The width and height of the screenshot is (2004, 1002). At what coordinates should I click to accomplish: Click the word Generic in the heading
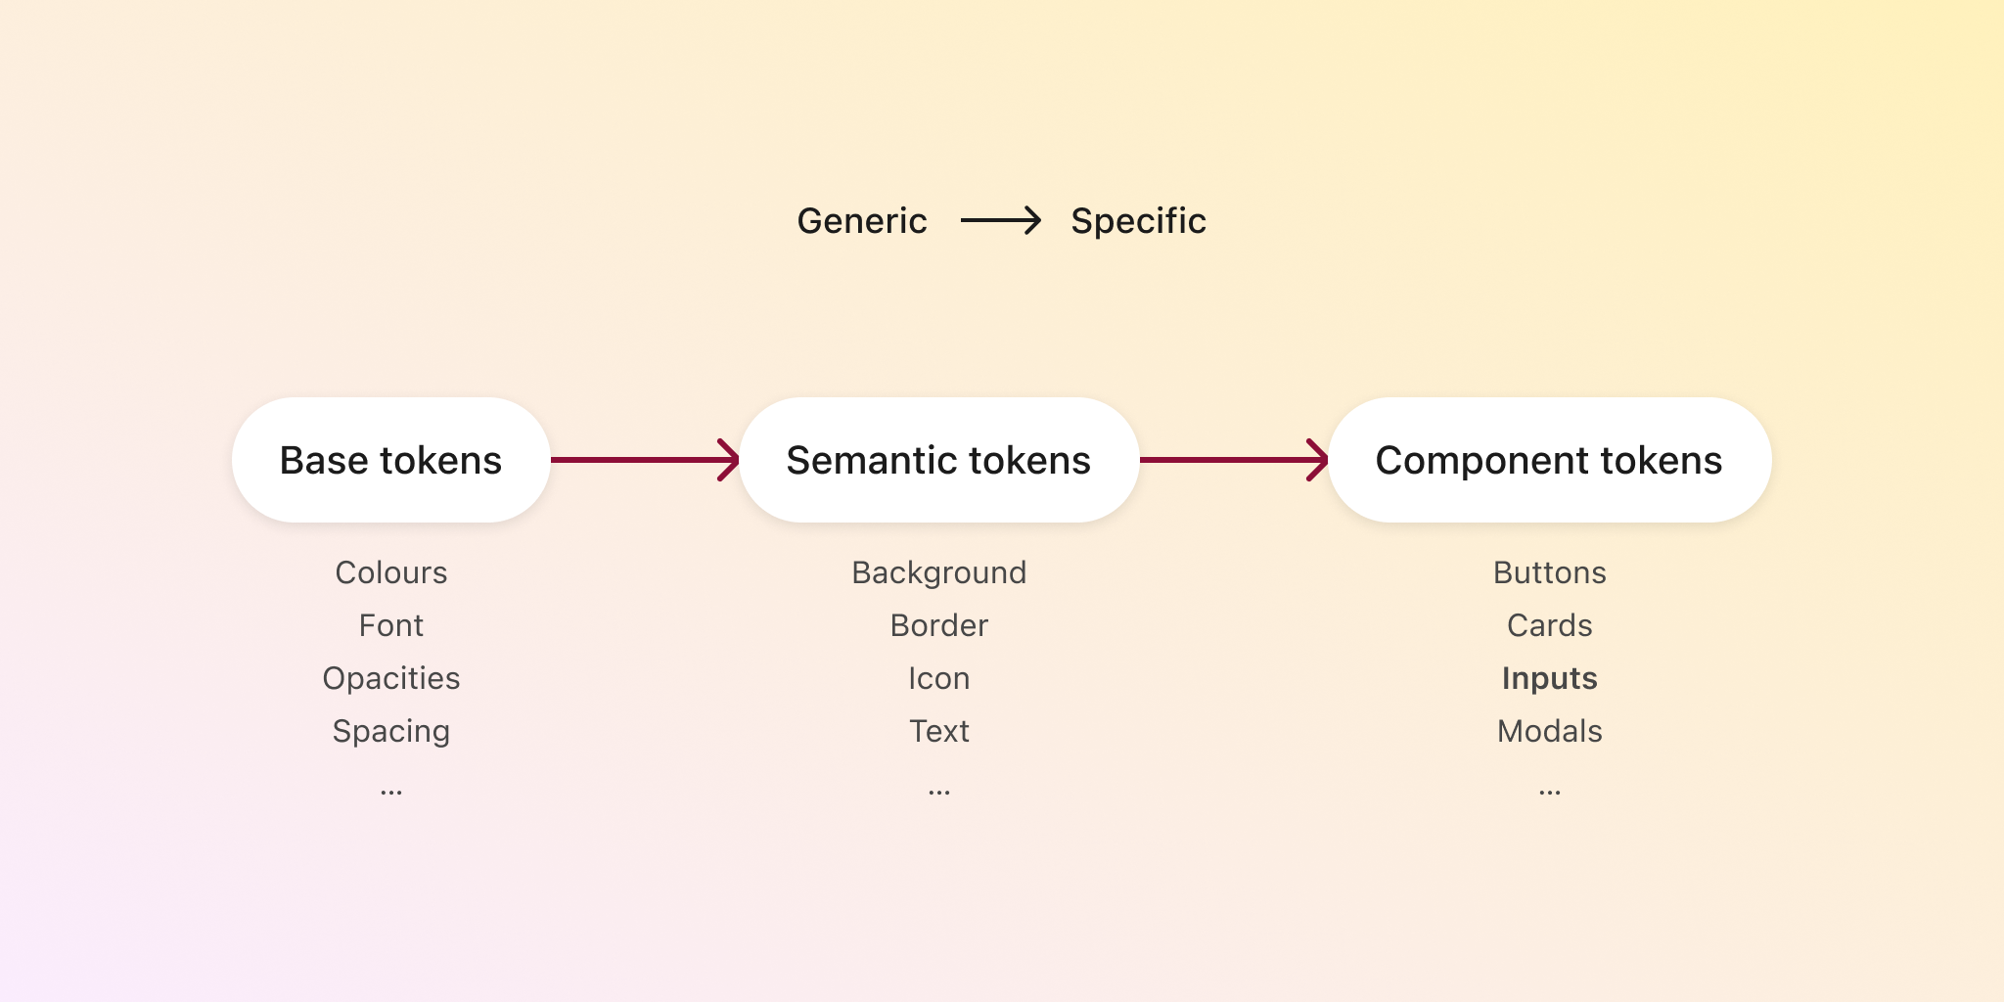pos(861,221)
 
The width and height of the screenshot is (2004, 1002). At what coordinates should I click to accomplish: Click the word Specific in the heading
pos(1138,221)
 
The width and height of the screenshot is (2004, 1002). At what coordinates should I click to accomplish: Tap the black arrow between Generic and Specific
pos(1000,221)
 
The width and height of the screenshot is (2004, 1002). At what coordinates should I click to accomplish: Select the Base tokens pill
pos(390,460)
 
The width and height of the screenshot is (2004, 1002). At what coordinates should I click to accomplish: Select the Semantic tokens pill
pos(938,460)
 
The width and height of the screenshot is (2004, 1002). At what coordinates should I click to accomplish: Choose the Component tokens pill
pos(1549,460)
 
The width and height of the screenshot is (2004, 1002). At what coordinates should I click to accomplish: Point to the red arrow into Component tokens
pos(1233,460)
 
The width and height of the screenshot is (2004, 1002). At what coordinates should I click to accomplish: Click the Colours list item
pos(390,572)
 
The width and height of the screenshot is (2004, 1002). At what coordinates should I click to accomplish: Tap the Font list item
pos(390,625)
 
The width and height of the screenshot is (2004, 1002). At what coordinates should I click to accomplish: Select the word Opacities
pos(390,678)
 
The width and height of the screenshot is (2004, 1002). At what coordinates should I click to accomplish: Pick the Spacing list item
pos(390,731)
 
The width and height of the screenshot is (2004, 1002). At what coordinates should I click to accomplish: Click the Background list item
pos(938,572)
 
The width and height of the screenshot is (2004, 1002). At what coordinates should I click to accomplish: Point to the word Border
pos(938,625)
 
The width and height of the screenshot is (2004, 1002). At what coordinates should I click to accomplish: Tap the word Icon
pos(938,678)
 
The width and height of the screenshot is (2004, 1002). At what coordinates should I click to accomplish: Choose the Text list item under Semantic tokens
pos(938,731)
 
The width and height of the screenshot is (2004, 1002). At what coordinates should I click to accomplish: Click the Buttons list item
pos(1549,572)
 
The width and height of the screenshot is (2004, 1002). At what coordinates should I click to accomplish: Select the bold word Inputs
pos(1549,678)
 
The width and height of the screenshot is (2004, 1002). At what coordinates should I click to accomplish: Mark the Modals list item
pos(1549,731)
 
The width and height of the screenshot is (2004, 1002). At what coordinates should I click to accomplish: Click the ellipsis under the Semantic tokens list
pos(938,792)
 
